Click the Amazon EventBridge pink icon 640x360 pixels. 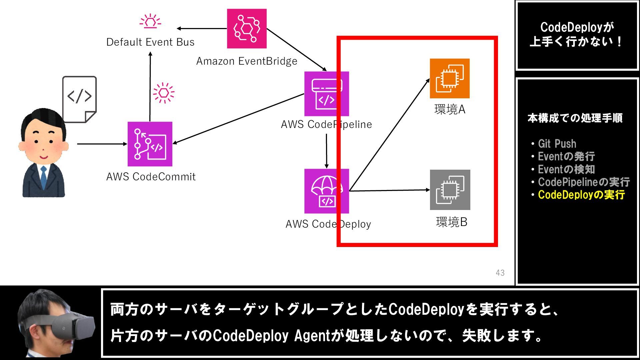click(247, 29)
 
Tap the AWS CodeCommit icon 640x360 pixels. click(150, 144)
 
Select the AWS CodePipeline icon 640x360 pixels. click(326, 94)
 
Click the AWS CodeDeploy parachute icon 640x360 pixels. click(326, 191)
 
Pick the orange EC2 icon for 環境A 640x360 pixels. click(450, 79)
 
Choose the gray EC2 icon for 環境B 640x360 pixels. click(450, 190)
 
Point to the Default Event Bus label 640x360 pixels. click(150, 42)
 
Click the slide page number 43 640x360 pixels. click(500, 273)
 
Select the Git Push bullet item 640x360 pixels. click(557, 144)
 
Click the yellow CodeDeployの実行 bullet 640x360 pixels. click(581, 195)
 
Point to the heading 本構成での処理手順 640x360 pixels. click(575, 118)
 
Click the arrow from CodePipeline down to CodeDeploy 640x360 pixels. click(326, 151)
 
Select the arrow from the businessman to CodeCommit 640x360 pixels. click(102, 144)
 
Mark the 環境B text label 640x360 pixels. click(452, 222)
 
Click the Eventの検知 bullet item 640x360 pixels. click(566, 169)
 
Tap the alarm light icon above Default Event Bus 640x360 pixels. click(150, 21)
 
